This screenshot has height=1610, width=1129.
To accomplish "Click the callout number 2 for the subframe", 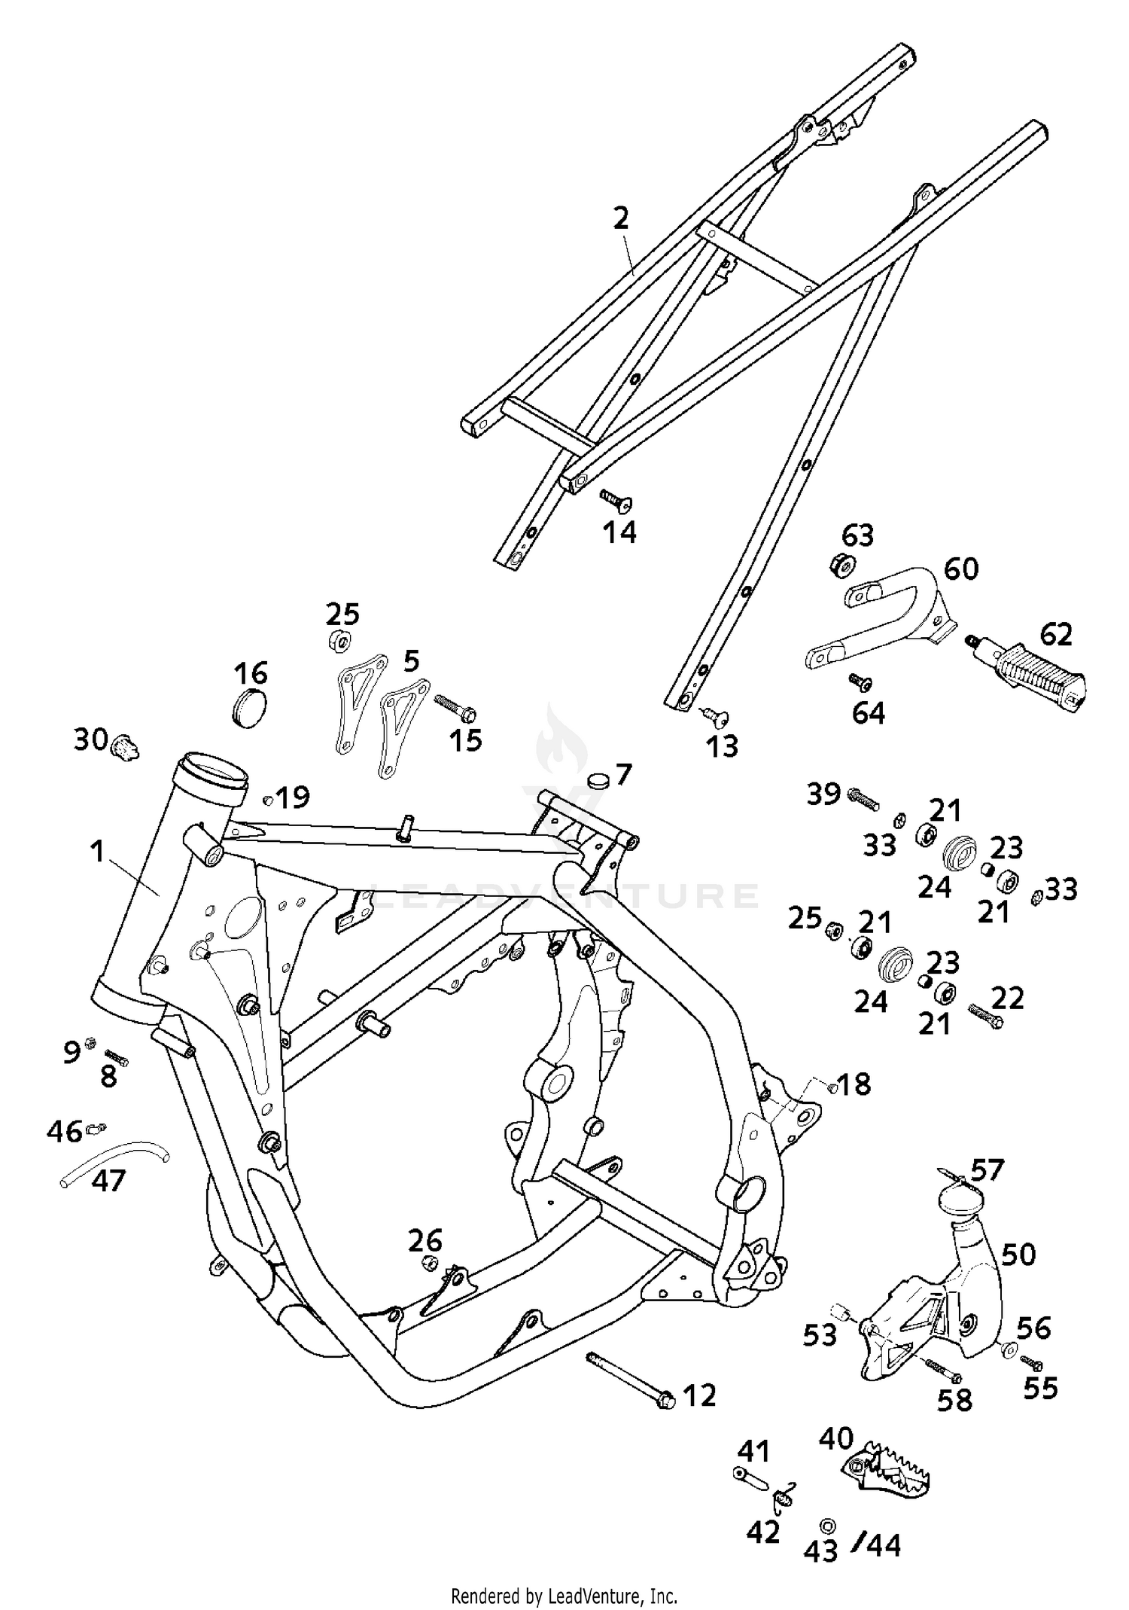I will click(x=620, y=219).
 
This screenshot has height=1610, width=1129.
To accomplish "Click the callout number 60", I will click(x=961, y=569).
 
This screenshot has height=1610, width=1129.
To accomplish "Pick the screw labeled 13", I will click(x=717, y=716).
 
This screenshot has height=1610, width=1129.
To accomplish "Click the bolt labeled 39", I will click(x=864, y=798).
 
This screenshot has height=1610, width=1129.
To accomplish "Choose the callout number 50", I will click(x=1019, y=1255).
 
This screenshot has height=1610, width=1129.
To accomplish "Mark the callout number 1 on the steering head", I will click(x=96, y=852).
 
